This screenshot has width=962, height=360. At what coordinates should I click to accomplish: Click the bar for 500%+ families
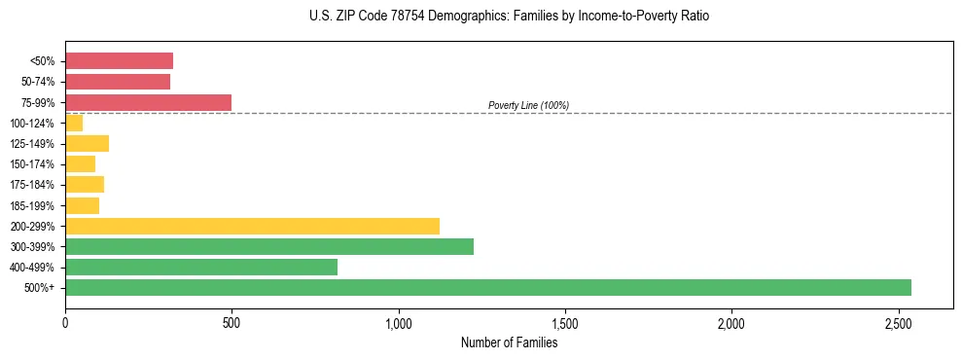487,287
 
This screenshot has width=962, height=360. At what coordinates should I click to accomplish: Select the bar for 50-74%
118,82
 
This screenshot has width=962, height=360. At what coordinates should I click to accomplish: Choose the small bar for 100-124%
74,123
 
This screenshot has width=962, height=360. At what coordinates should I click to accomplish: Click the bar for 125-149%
87,143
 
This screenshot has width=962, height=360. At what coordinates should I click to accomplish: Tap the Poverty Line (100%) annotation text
528,105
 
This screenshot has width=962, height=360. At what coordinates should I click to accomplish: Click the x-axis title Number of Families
509,342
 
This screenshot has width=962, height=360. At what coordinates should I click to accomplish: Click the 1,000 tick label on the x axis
399,322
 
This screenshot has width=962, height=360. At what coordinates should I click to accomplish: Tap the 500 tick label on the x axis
232,322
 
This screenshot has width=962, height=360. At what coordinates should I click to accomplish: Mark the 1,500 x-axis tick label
565,322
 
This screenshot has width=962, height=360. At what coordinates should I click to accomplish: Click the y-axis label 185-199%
33,205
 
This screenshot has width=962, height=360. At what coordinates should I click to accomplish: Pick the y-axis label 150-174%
33,164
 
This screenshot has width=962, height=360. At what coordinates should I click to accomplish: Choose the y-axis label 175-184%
33,185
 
